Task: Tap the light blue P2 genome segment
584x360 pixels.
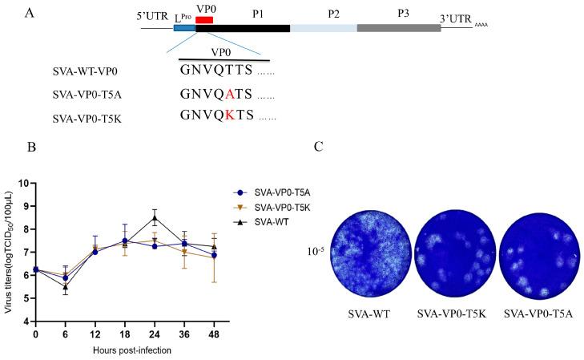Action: [x=323, y=29]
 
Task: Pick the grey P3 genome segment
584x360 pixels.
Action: [x=398, y=29]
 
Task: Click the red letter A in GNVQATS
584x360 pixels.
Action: [x=229, y=95]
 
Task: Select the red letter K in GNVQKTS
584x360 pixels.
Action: [x=229, y=116]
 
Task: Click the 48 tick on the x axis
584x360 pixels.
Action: [x=213, y=332]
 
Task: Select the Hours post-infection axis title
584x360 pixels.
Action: [x=124, y=350]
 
